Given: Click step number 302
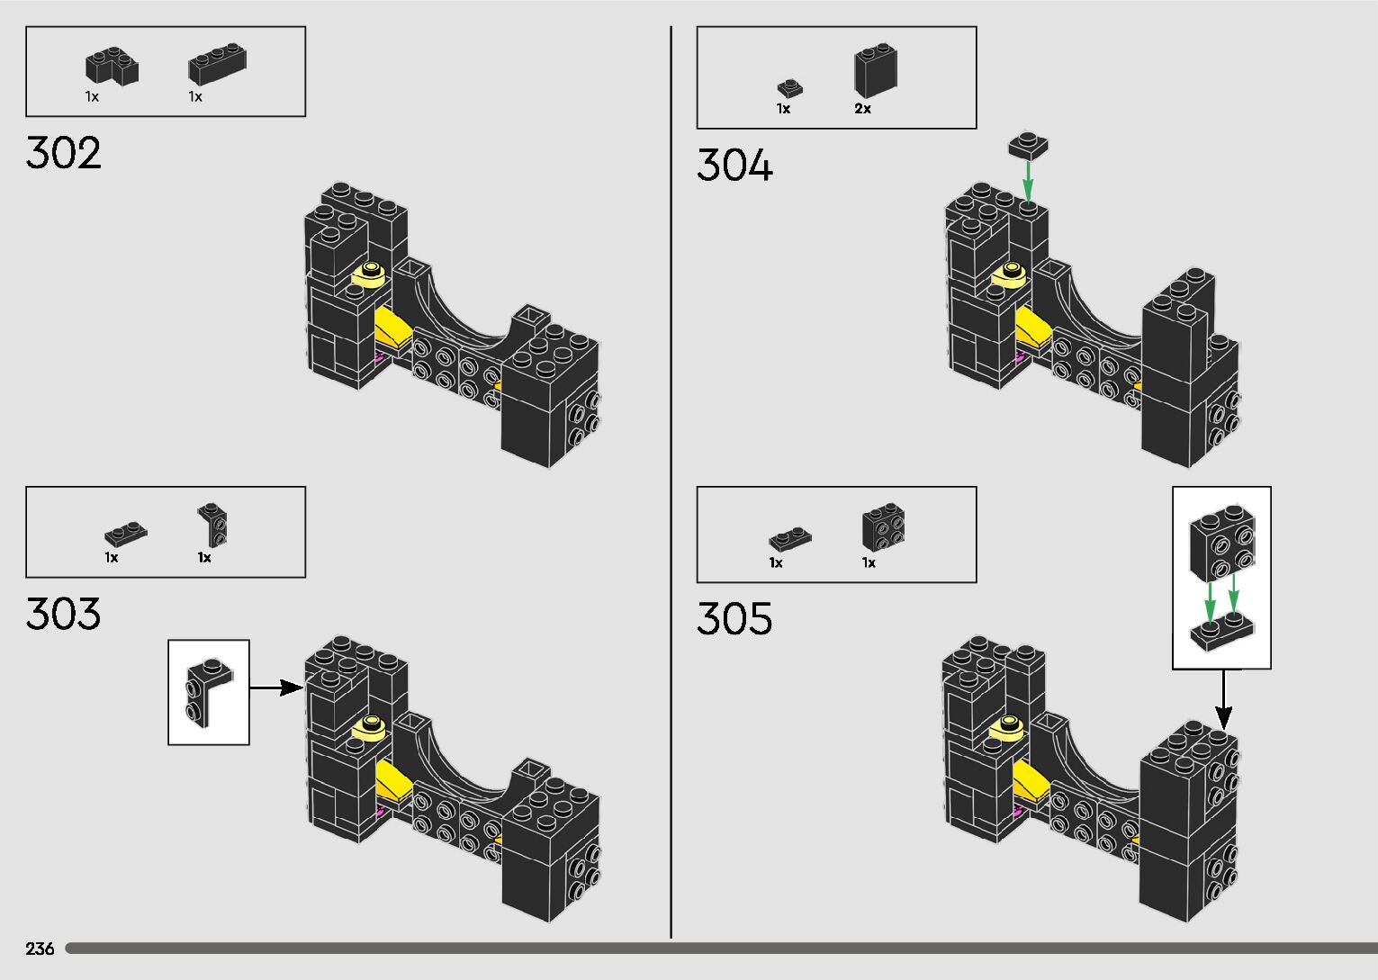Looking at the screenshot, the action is (63, 153).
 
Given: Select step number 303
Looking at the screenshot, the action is (63, 614).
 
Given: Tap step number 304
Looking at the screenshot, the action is (734, 166).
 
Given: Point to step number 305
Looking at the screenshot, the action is (734, 619).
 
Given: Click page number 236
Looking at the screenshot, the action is (40, 949).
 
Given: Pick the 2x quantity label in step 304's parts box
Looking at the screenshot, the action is (862, 109).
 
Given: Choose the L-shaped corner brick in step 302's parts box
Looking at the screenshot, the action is (112, 67).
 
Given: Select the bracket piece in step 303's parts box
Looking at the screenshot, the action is (213, 525).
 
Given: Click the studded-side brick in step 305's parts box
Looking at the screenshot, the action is (883, 528).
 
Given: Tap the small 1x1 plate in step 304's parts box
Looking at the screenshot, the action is (789, 88).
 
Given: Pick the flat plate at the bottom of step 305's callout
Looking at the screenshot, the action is (1222, 631).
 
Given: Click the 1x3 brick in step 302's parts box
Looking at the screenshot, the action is (217, 65).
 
